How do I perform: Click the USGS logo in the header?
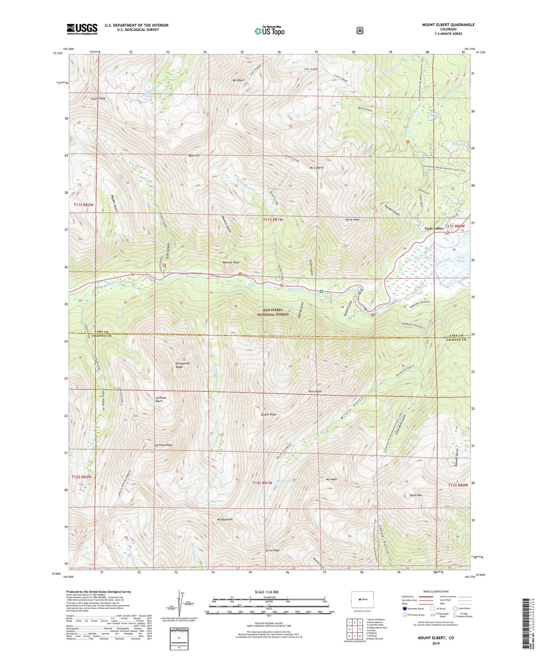(82, 29)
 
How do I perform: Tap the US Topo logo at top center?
(269, 31)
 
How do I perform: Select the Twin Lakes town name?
(434, 229)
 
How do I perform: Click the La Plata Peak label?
(163, 445)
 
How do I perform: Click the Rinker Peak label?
(268, 414)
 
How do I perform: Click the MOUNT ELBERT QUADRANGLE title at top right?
(448, 25)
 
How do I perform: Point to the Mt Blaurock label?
(224, 519)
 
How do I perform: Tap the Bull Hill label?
(194, 155)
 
